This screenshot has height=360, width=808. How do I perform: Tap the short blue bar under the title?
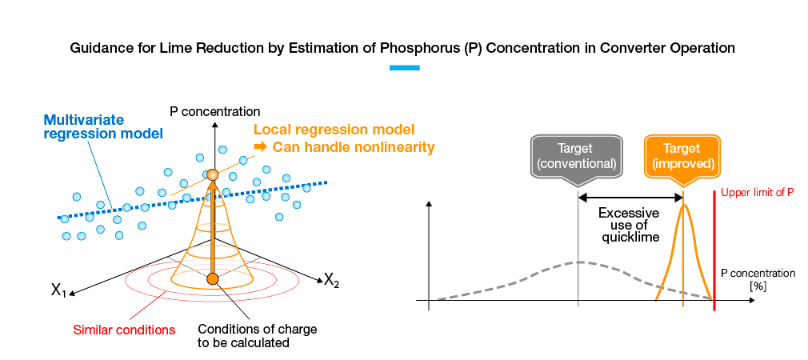point(404,68)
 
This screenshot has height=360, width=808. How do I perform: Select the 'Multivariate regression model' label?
point(103,126)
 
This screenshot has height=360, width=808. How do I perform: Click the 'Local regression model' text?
point(334,130)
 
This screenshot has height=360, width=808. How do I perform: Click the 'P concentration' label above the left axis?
point(215,111)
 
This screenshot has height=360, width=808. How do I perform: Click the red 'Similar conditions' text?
point(124,329)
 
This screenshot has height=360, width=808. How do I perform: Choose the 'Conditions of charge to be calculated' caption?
point(243,335)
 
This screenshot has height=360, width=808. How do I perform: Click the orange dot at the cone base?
point(212,278)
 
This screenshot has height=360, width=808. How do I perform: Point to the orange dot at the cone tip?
point(212,174)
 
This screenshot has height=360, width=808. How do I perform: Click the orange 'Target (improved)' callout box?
point(682,155)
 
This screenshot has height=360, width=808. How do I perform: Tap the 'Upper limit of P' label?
point(757,193)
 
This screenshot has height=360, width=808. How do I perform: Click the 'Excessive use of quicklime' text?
point(629,225)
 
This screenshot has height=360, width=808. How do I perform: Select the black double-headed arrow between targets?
point(630,197)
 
